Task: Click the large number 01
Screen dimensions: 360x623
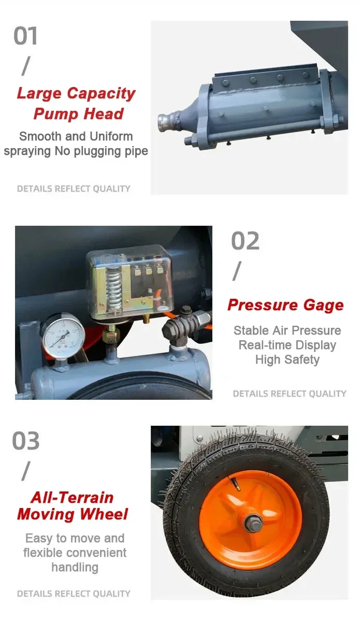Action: [25, 36]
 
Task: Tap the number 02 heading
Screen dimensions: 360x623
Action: [245, 241]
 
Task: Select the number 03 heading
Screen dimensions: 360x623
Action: [26, 441]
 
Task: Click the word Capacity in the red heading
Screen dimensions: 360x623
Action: [102, 94]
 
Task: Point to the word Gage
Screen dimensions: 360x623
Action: [323, 306]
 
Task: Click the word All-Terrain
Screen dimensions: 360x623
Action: [72, 497]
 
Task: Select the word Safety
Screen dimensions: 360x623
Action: [302, 359]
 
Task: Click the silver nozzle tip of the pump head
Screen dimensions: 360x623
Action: [164, 120]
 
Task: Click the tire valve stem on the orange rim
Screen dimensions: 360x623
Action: [234, 484]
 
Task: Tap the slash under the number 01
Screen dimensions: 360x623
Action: [26, 66]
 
